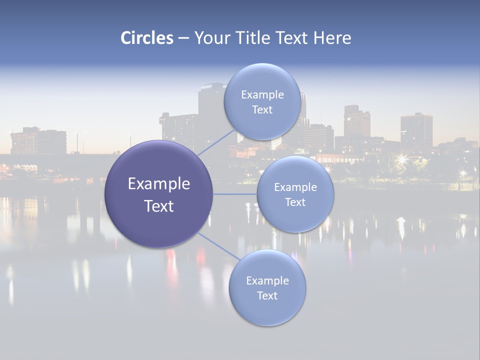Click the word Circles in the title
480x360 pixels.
coord(147,38)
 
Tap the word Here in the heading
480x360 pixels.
coord(332,38)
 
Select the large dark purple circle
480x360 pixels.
coord(158,194)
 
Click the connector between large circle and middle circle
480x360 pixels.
coord(234,194)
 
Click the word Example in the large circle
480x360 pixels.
coord(158,184)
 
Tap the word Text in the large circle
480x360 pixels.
coord(158,206)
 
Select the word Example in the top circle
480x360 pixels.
coord(262,95)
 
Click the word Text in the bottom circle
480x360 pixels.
coord(267,295)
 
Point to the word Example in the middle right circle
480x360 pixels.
coord(295,187)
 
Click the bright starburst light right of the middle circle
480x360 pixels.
coord(401,159)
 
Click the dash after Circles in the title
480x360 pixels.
coord(183,38)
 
